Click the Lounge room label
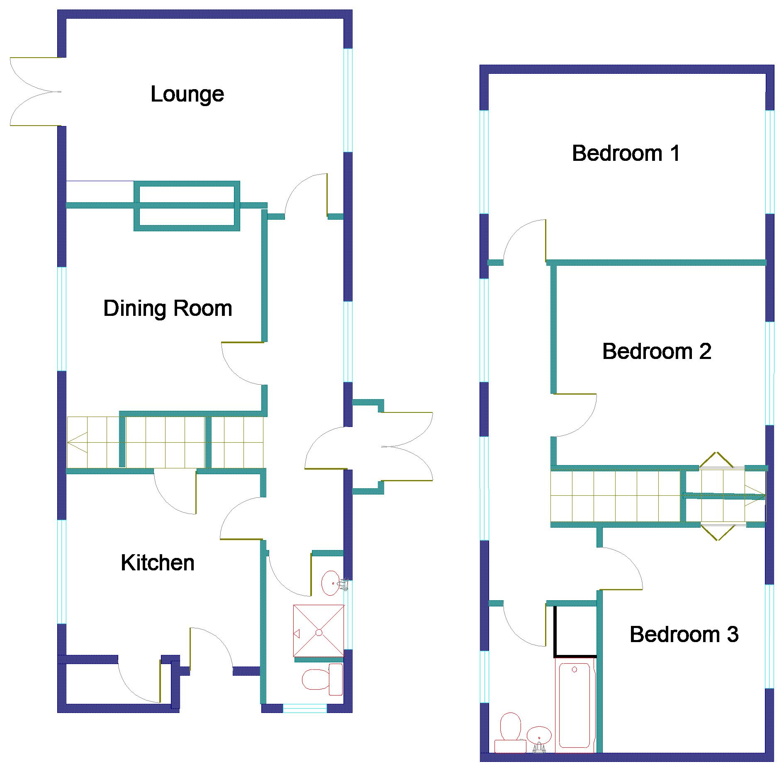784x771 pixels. [187, 95]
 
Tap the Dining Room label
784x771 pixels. [168, 308]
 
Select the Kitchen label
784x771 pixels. [158, 563]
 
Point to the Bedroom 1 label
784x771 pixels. [626, 153]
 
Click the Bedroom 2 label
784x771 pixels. [657, 352]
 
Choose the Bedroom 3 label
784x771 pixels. [684, 635]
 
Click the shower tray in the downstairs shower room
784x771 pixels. [319, 630]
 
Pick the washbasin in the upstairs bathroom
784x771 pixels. [539, 738]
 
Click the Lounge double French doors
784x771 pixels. [36, 92]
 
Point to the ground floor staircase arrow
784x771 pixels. [77, 442]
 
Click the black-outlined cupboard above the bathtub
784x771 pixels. [575, 632]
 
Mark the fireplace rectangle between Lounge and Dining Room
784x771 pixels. [187, 206]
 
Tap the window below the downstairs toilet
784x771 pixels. [305, 708]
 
